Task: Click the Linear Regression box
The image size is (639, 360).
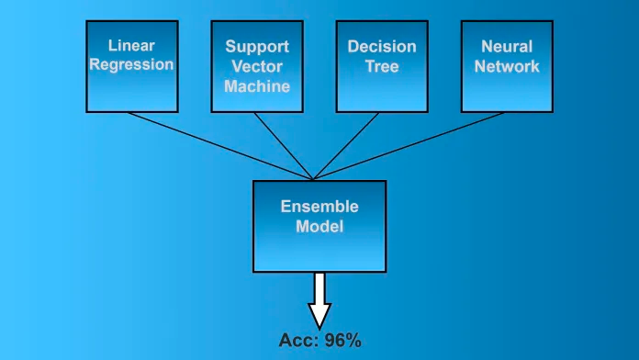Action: point(132,66)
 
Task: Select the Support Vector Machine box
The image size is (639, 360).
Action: point(257,66)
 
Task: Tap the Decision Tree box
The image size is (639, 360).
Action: point(382,66)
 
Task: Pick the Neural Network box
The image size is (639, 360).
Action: point(507,66)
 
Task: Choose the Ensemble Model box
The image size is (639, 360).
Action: point(319,226)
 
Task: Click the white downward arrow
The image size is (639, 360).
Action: point(319,301)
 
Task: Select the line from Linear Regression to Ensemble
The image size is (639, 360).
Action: point(220,146)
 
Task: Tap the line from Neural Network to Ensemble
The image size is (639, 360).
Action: point(409,146)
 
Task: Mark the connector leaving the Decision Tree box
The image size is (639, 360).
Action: point(346,146)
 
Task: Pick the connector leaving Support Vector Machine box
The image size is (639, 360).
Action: point(283,146)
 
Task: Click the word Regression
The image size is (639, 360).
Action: point(131,65)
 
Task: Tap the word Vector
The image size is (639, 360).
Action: point(257,66)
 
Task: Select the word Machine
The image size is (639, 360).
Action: point(257,86)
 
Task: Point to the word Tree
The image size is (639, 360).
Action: point(382,66)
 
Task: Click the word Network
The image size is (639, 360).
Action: point(507,66)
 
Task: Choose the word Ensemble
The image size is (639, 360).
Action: point(319,207)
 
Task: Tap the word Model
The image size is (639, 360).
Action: point(319,226)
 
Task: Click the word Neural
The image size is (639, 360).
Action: point(507,47)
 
